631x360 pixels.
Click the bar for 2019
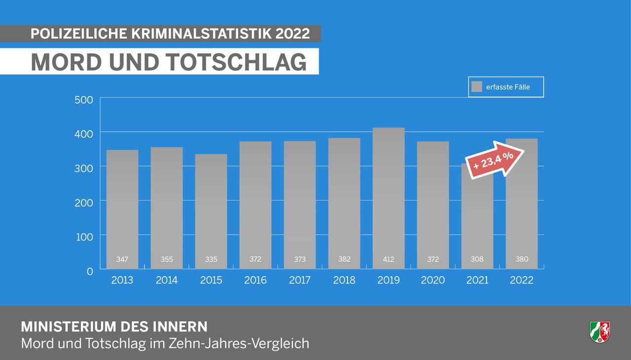pyautogui.click(x=388, y=197)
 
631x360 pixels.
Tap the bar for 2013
pyautogui.click(x=122, y=207)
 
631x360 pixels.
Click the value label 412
pyautogui.click(x=388, y=259)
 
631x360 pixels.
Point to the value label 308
pyautogui.click(x=477, y=259)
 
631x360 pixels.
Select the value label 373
pyautogui.click(x=300, y=259)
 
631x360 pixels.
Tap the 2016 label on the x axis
pyautogui.click(x=255, y=280)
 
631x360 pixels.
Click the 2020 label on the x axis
pyautogui.click(x=433, y=280)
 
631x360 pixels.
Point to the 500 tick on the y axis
pyautogui.click(x=84, y=100)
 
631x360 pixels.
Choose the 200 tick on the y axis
pyautogui.click(x=84, y=203)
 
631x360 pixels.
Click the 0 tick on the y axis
pyautogui.click(x=90, y=271)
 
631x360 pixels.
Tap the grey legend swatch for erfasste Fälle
pyautogui.click(x=476, y=87)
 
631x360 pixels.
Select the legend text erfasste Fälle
pyautogui.click(x=508, y=87)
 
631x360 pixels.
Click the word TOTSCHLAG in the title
pyautogui.click(x=236, y=62)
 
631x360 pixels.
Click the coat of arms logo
pyautogui.click(x=599, y=331)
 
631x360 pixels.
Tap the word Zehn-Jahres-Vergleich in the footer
pyautogui.click(x=239, y=343)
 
